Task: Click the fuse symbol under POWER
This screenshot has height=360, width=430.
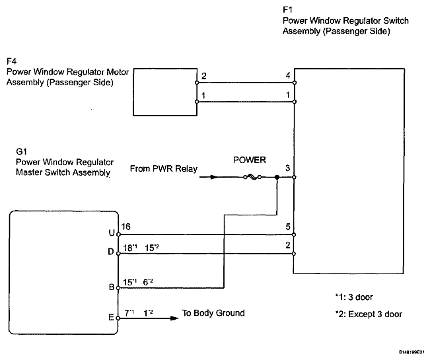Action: point(252,178)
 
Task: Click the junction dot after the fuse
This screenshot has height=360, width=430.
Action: point(277,178)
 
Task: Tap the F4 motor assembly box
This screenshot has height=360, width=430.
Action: point(165,92)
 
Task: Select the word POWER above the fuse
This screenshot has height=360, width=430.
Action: point(250,160)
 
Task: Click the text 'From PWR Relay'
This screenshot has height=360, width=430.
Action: point(164,168)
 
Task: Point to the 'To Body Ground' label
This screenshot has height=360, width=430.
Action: point(213,313)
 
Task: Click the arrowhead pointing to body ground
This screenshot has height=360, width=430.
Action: point(174,318)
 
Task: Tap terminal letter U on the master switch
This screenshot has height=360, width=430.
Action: point(112,233)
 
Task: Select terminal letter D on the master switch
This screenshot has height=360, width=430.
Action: point(111,252)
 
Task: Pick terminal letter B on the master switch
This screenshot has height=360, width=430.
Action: point(112,287)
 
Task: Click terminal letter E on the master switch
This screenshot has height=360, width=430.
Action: point(111,318)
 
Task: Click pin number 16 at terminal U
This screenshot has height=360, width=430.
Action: point(126,227)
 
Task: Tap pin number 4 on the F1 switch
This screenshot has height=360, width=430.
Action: point(288,75)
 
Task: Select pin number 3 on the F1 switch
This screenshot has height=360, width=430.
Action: point(287,168)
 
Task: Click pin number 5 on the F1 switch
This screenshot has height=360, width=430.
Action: point(288,227)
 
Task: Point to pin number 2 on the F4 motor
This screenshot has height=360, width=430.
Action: point(203,76)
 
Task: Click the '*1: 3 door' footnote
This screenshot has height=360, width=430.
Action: point(354,297)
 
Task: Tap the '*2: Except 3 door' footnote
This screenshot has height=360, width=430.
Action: point(369,314)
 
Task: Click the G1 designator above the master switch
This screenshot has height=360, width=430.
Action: point(21,151)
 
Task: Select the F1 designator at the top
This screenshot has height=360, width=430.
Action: point(288,10)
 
